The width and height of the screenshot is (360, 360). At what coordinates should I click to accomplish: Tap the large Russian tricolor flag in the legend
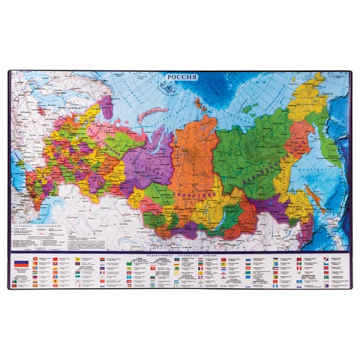(20, 263)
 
